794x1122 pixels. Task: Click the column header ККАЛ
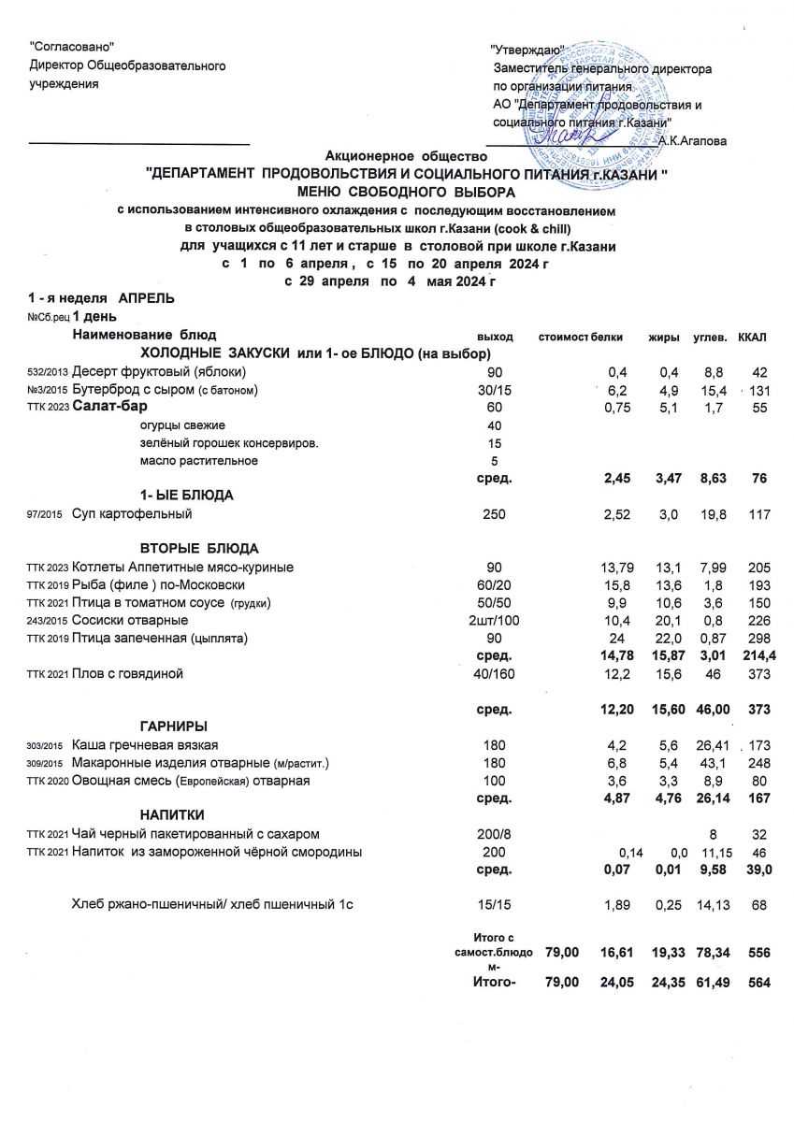752,335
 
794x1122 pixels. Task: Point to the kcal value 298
758,639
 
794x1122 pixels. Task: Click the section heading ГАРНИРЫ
173,726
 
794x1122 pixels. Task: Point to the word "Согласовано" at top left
72,47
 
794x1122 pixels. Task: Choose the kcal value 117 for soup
758,513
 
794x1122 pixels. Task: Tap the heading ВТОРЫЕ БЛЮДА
198,548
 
